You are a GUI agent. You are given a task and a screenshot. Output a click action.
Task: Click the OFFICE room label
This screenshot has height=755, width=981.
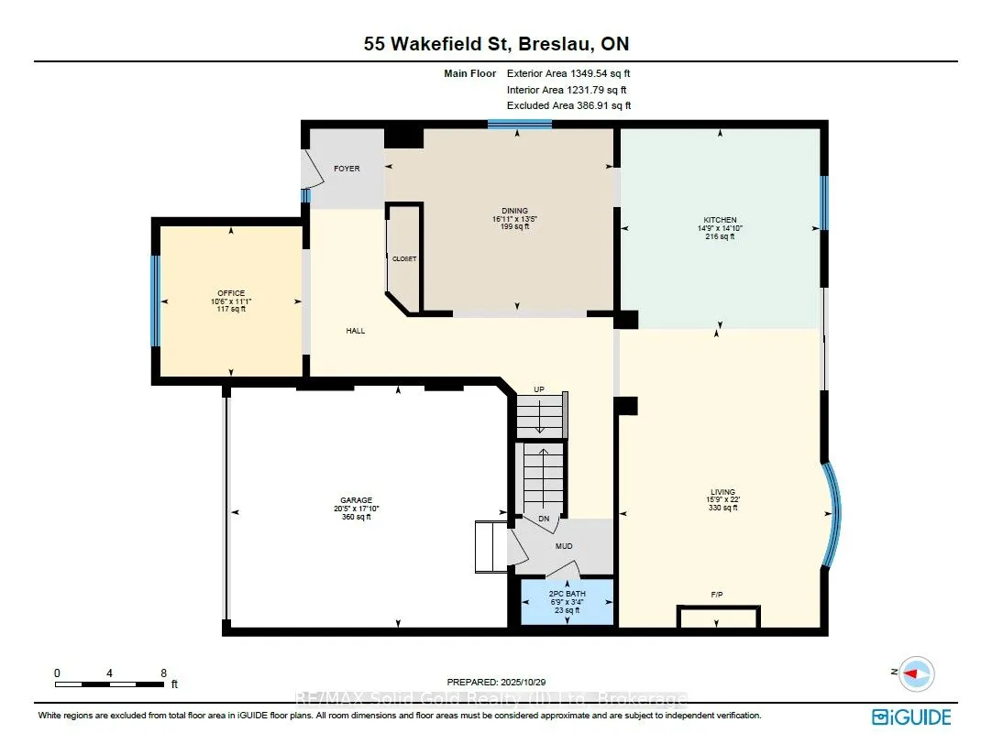231,293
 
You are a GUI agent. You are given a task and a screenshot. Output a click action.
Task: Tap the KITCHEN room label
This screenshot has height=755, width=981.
720,220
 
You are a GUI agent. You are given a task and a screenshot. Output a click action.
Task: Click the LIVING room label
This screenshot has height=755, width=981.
722,492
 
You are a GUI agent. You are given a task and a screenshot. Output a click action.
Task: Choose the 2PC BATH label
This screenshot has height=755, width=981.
566,593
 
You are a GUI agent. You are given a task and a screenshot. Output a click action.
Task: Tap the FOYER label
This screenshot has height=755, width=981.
347,169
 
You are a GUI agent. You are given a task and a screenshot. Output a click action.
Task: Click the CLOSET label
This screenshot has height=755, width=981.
404,259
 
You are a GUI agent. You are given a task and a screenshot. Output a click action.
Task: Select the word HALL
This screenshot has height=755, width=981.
356,331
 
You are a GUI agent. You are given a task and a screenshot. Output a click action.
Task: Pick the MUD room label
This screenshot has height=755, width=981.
564,547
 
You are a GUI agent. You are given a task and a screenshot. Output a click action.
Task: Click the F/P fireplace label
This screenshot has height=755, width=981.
717,595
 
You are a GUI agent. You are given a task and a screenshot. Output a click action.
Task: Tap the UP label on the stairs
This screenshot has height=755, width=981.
539,390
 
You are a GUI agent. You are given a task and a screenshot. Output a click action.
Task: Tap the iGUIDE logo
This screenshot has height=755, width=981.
911,717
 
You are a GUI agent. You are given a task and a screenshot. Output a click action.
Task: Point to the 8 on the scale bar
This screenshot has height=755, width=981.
163,673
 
